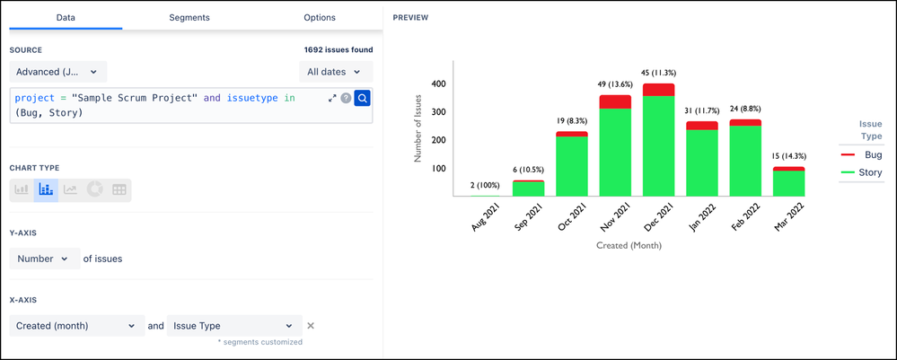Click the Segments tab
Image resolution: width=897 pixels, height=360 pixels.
coord(189,17)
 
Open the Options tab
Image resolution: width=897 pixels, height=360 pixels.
coord(320,17)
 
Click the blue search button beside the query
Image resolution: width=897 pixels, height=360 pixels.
coord(362,98)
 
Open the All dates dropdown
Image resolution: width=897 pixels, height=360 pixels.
coord(336,72)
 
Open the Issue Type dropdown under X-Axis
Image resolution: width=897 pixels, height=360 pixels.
coord(233,326)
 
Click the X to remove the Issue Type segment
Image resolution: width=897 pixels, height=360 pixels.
coord(311,326)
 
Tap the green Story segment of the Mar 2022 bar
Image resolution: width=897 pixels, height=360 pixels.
coord(789,183)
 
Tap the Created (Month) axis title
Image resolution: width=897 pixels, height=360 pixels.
coord(628,244)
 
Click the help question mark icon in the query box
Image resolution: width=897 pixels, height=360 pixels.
coord(346,98)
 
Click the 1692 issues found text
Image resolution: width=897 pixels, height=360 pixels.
coord(339,50)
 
